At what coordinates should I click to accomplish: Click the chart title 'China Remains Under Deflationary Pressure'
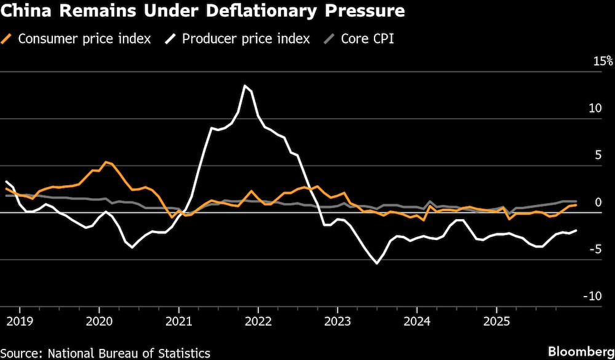point(203,11)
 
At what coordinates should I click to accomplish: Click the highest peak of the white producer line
point(245,86)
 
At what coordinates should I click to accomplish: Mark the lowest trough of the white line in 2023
point(377,263)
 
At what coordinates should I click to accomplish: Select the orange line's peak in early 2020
point(106,162)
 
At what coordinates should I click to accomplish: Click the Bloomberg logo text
point(581,351)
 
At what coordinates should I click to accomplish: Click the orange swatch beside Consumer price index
point(8,39)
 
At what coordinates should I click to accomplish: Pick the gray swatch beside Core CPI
point(330,39)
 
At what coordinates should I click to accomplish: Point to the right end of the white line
point(576,231)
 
